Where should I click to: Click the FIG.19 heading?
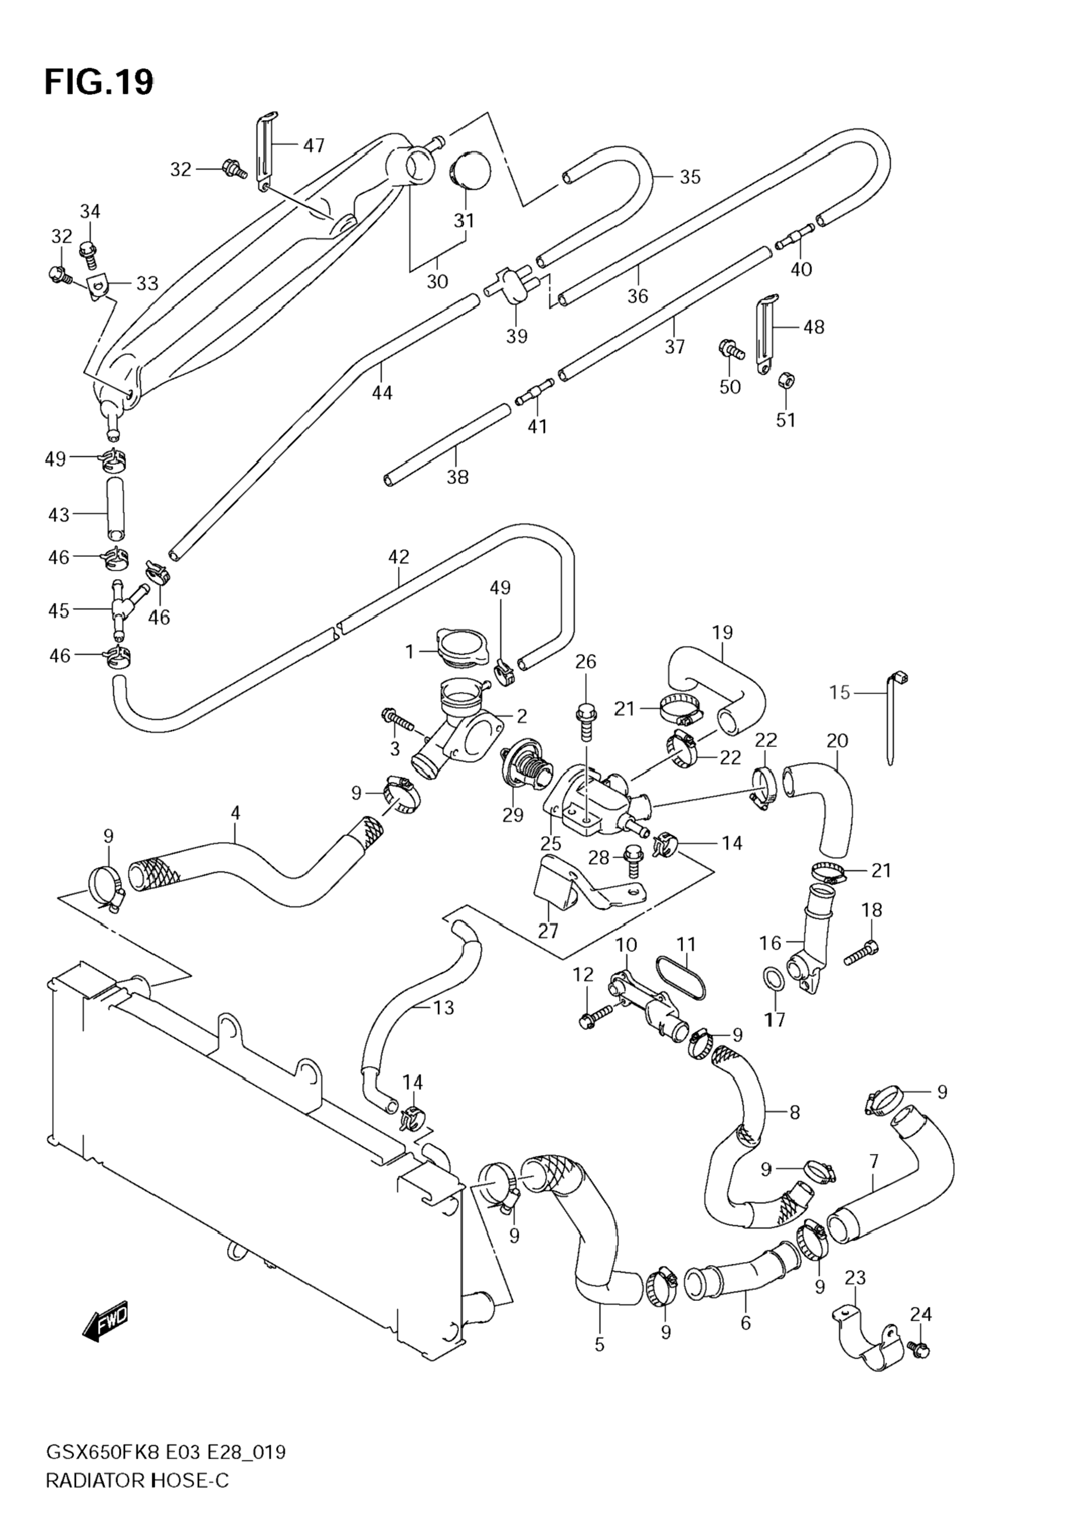pos(99,82)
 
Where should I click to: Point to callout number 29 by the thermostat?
pos(513,814)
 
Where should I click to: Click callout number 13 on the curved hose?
pos(443,1008)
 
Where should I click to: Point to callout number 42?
pos(399,556)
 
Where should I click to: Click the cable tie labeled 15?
pos(891,719)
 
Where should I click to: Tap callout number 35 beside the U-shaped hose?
pos(690,176)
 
